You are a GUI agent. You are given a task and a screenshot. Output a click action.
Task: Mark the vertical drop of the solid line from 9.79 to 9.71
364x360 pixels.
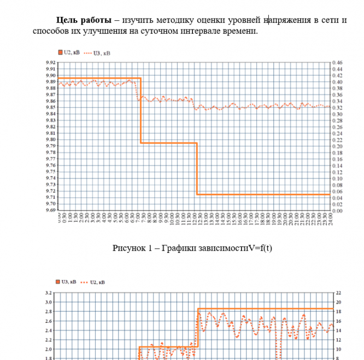(x=196, y=169)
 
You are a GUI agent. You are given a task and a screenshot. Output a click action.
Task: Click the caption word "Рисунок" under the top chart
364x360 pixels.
(x=127, y=248)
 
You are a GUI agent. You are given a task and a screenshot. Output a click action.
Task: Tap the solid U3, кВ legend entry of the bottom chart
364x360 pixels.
(x=68, y=282)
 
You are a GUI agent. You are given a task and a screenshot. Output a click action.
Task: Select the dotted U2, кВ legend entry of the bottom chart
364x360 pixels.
(x=97, y=282)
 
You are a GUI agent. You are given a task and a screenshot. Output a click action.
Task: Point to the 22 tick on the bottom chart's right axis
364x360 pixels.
(x=338, y=293)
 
